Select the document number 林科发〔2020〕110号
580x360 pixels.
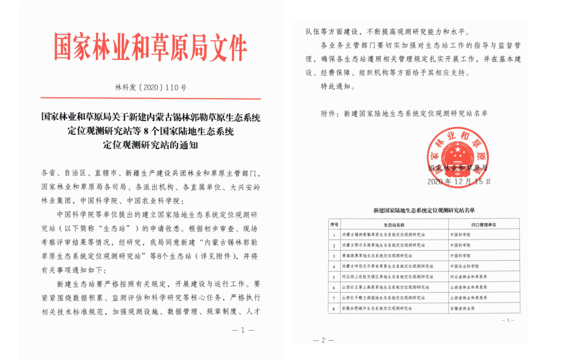click(150, 88)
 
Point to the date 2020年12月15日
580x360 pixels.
click(459, 181)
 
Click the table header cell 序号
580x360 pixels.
click(334, 225)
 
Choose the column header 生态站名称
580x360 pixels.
click(394, 225)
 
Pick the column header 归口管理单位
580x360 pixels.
click(483, 225)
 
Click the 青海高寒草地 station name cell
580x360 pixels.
click(377, 255)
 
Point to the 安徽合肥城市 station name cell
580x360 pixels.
click(377, 308)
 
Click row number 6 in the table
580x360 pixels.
click(334, 287)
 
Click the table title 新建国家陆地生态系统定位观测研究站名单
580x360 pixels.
click(424, 211)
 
